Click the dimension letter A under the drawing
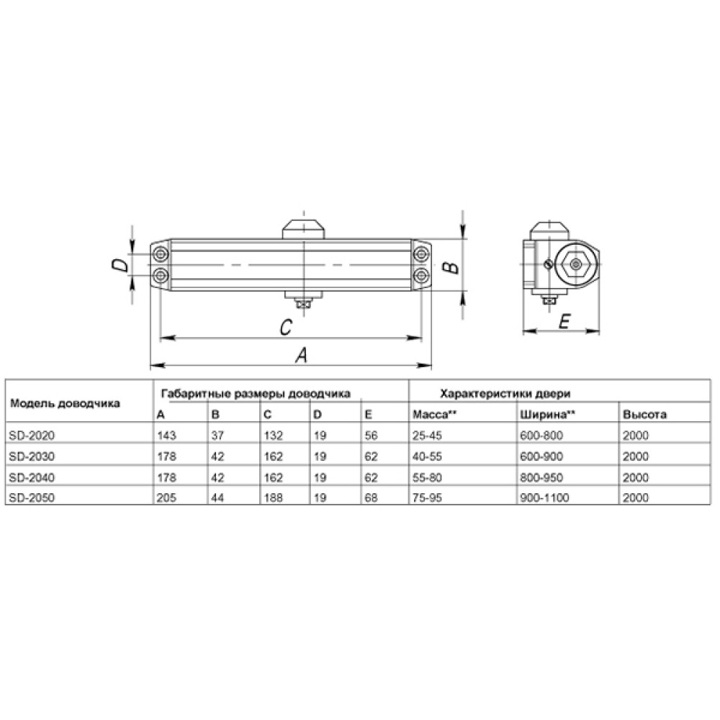[x=301, y=355]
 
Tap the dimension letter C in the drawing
[x=286, y=328]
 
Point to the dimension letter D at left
[x=120, y=265]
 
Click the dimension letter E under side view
[x=564, y=321]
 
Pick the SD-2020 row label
[x=32, y=436]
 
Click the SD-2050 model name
[x=32, y=498]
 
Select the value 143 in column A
[x=166, y=436]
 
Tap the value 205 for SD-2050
[x=166, y=498]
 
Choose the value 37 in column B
[x=217, y=436]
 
